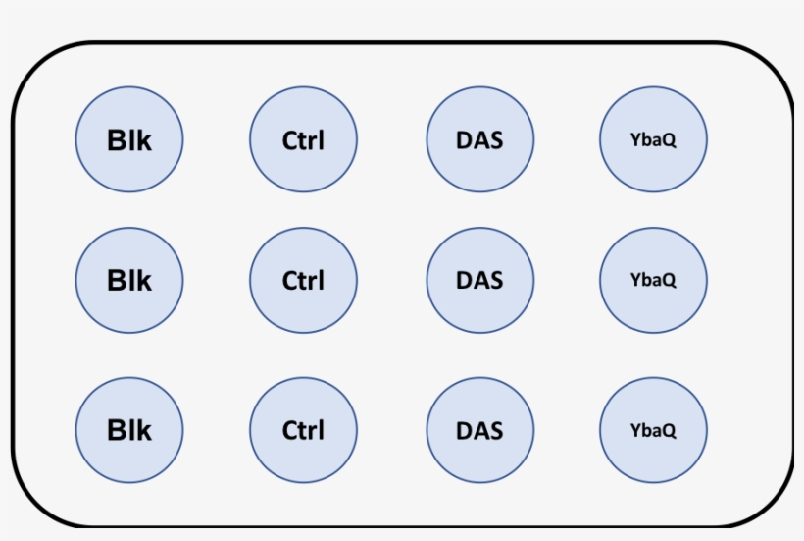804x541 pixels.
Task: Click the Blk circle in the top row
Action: point(129,139)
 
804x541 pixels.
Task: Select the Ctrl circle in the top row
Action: point(303,139)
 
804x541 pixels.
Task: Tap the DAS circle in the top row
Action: point(479,139)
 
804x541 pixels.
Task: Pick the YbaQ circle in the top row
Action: point(653,139)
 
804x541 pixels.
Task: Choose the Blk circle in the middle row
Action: point(129,281)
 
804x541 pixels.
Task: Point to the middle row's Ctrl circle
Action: point(303,281)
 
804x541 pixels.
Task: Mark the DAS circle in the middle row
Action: point(479,281)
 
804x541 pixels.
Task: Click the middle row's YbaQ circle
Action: point(653,281)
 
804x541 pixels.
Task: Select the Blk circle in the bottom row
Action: point(129,430)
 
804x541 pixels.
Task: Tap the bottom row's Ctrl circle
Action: point(303,430)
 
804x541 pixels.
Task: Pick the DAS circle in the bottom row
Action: point(479,430)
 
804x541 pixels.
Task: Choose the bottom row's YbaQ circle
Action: point(653,430)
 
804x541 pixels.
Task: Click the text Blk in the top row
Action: point(129,140)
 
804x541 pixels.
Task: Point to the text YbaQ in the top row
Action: point(653,139)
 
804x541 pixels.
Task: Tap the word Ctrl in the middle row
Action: point(303,281)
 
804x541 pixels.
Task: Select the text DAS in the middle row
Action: point(479,280)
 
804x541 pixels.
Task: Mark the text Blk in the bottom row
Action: point(129,430)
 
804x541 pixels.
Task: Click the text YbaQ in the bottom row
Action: point(653,430)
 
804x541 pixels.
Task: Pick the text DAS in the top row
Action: point(479,139)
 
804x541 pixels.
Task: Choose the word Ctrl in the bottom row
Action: point(303,430)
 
